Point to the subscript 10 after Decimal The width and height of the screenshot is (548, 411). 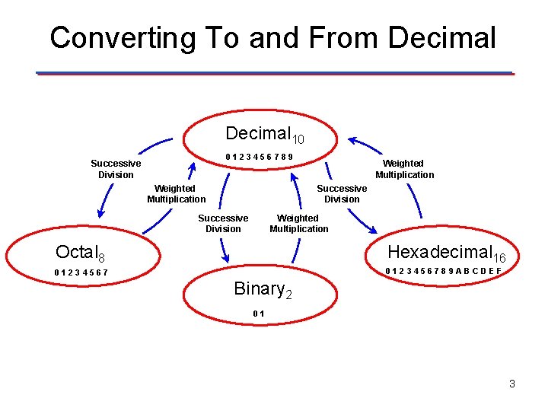[x=298, y=139]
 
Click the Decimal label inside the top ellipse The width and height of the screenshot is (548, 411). [x=258, y=133]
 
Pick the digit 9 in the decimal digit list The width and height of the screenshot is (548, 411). [x=291, y=158]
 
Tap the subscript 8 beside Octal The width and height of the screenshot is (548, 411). [x=101, y=258]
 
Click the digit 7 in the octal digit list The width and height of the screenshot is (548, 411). [x=105, y=272]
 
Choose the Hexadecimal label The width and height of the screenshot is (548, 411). [x=439, y=252]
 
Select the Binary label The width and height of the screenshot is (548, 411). [x=258, y=288]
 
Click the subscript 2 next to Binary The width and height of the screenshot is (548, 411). [x=288, y=295]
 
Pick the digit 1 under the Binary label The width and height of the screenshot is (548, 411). [x=262, y=314]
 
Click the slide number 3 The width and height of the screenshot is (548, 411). [x=512, y=384]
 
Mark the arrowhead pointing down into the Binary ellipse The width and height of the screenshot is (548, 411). [x=225, y=257]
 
